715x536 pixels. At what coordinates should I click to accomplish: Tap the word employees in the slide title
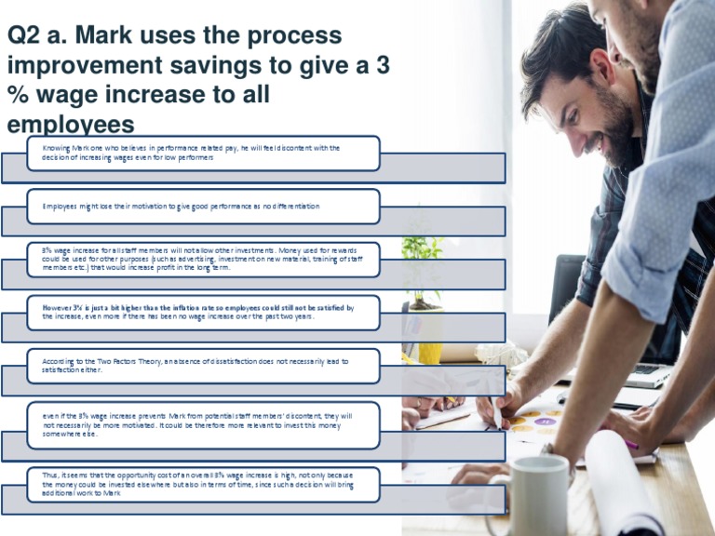click(70, 125)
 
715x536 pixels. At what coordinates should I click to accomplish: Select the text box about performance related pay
click(203, 154)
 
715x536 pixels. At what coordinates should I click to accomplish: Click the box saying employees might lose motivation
click(203, 206)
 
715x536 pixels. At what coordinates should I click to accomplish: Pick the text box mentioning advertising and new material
click(203, 260)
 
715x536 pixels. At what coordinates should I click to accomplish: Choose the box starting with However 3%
click(203, 313)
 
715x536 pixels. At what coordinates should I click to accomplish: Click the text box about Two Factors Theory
click(203, 366)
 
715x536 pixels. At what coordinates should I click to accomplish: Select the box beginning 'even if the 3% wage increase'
click(203, 423)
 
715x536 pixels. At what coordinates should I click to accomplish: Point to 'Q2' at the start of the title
click(25, 36)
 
